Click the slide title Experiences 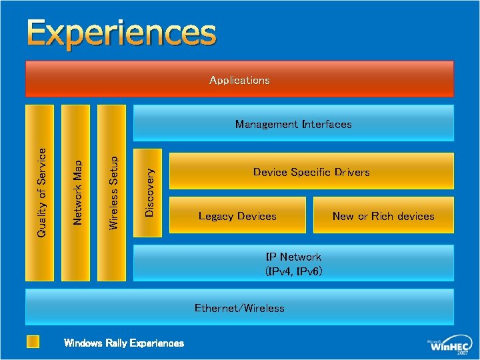pyautogui.click(x=122, y=34)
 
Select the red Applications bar pyautogui.click(x=239, y=79)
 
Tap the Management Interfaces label pyautogui.click(x=293, y=124)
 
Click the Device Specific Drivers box pyautogui.click(x=311, y=172)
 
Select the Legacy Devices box pyautogui.click(x=237, y=216)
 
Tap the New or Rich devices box pyautogui.click(x=383, y=216)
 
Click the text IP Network pyautogui.click(x=293, y=257)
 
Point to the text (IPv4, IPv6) pyautogui.click(x=293, y=271)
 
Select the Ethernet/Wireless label pyautogui.click(x=239, y=308)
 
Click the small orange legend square pyautogui.click(x=33, y=342)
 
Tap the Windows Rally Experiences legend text pyautogui.click(x=124, y=343)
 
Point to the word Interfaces pyautogui.click(x=326, y=124)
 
